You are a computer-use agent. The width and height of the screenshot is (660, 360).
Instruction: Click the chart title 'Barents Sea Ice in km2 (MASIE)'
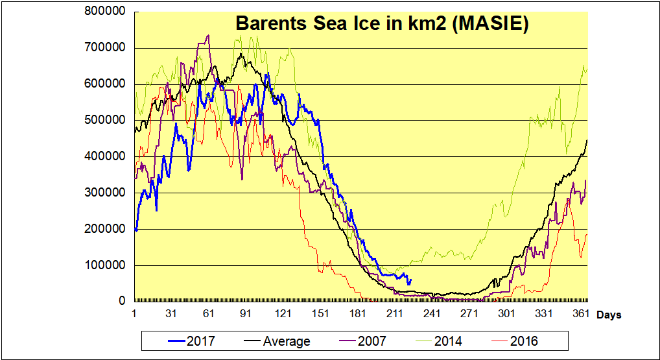tap(382, 23)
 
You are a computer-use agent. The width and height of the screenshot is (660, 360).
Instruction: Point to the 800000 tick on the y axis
tap(106, 12)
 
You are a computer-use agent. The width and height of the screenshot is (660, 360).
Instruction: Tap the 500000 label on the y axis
tap(106, 120)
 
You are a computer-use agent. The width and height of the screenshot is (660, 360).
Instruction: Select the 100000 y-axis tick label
tap(106, 265)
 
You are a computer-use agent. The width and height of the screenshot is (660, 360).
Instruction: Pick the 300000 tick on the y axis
tap(106, 193)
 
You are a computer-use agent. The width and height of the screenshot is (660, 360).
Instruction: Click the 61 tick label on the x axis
tap(209, 314)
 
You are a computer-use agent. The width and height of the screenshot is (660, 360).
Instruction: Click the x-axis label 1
tap(134, 314)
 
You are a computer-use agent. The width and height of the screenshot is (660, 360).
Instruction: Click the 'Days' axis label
tap(609, 315)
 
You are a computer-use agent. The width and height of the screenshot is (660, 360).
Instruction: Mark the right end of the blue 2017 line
tap(410, 280)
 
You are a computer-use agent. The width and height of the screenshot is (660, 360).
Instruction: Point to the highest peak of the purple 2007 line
tap(207, 36)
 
